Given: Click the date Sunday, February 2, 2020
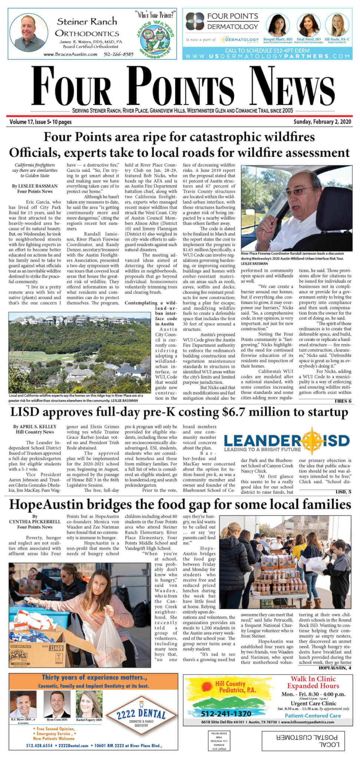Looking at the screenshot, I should coord(322,122).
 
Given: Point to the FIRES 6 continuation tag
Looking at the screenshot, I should coord(343,401).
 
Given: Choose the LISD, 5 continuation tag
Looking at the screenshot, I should coord(343,492).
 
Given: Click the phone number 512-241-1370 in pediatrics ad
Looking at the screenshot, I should coord(226,713).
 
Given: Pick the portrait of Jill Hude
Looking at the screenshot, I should coord(337,25).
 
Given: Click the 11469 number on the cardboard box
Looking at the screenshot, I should coord(56,648).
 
